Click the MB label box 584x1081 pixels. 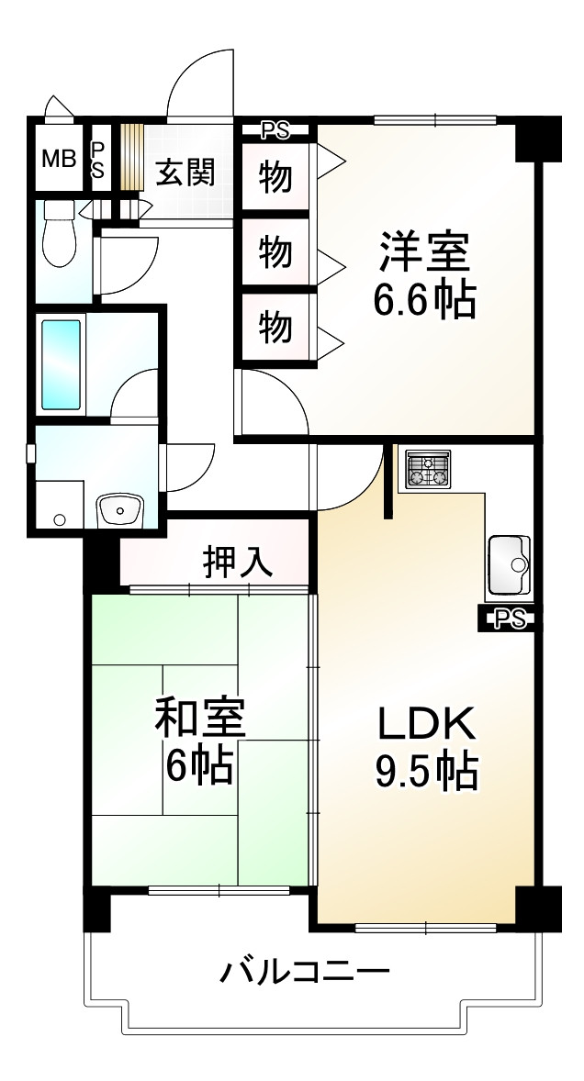(58, 158)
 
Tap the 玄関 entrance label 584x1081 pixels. (185, 173)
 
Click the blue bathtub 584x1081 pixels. (61, 363)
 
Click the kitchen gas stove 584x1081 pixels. (427, 469)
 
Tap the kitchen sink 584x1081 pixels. (508, 563)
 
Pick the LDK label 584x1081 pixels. (425, 724)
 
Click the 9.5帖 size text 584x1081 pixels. (425, 771)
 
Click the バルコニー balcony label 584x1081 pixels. (305, 970)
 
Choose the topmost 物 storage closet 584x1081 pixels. (275, 176)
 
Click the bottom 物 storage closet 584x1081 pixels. (275, 326)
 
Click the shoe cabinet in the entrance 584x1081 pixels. (133, 157)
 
